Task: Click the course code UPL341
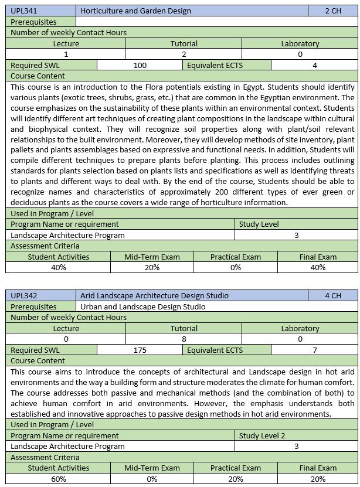(x=23, y=11)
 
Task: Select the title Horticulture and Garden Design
(x=135, y=11)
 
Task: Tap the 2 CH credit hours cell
(x=332, y=11)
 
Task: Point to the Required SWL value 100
(x=140, y=65)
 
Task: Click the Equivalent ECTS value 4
(x=315, y=65)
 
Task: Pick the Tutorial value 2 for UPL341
(x=184, y=54)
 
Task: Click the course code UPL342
(x=23, y=295)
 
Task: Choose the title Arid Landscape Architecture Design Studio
(x=154, y=295)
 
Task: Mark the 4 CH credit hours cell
(x=332, y=295)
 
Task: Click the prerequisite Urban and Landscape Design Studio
(x=142, y=306)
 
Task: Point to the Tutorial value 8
(x=184, y=339)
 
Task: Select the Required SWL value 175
(x=140, y=350)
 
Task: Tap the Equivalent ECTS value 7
(x=315, y=350)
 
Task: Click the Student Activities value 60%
(x=59, y=479)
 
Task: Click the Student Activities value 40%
(x=59, y=267)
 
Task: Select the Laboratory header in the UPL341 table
(x=300, y=43)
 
